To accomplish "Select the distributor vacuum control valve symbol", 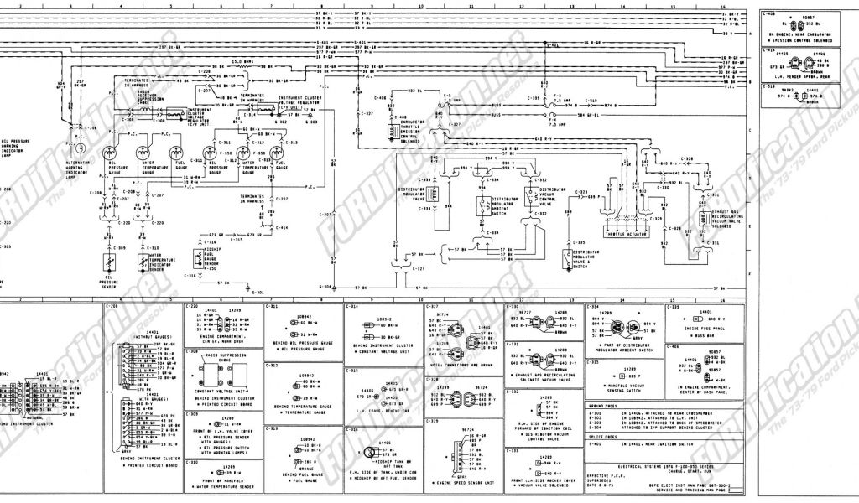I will tap(530, 195).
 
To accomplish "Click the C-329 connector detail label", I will tap(433, 421).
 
